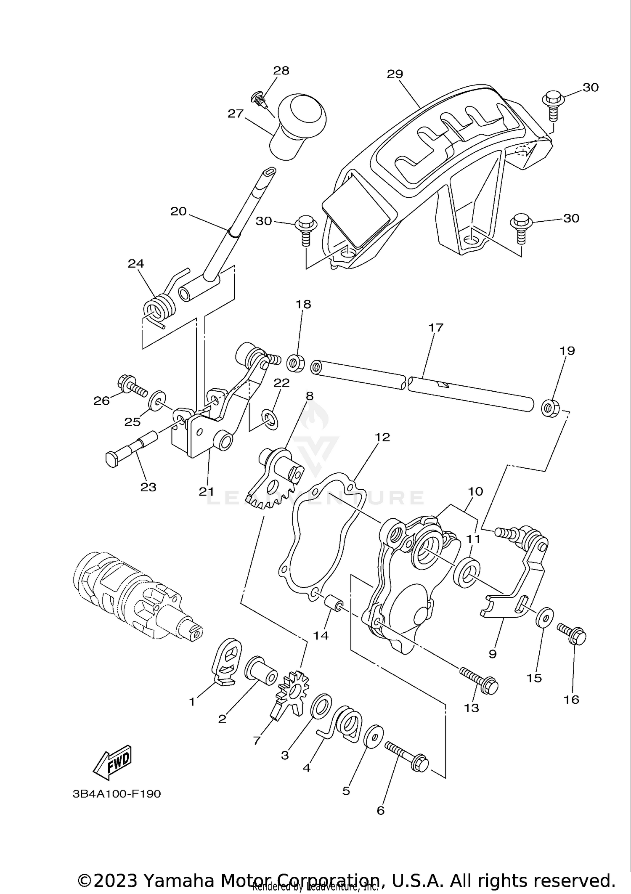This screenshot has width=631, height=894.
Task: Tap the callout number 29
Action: tap(395, 74)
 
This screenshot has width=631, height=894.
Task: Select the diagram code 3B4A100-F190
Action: tap(117, 794)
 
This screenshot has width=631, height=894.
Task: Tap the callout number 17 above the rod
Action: tap(436, 327)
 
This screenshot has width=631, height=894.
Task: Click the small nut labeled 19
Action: tap(549, 408)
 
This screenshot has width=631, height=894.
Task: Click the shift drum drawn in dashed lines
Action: tap(135, 597)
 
